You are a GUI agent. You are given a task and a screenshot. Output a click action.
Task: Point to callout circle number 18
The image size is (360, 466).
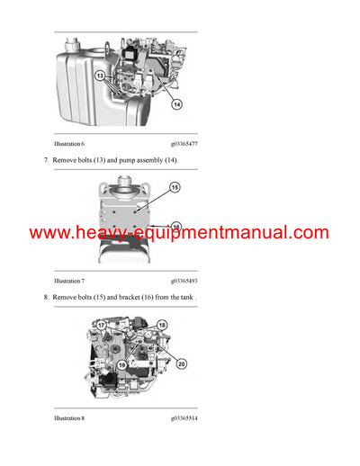[162, 324]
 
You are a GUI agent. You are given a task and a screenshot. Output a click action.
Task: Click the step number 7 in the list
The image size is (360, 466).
[46, 159]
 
